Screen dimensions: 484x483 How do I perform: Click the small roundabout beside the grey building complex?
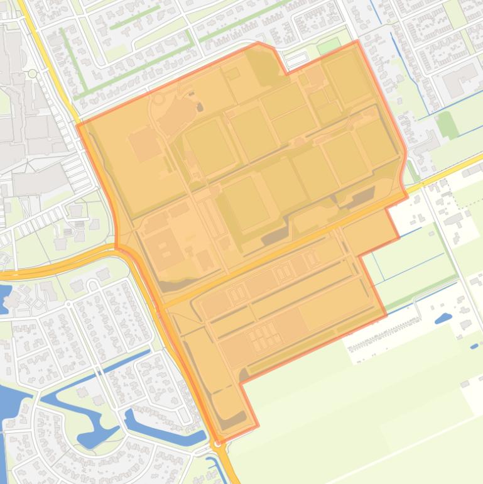click(33, 74)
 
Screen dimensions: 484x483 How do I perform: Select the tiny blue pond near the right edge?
click(475, 346)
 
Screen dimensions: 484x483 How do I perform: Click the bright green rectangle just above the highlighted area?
click(328, 47)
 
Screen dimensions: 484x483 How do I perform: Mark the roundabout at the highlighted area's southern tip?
click(218, 444)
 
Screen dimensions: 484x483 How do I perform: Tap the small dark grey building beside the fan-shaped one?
click(200, 107)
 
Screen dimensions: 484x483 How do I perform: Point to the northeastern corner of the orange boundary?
click(358, 41)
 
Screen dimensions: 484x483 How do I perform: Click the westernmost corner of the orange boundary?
click(77, 125)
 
